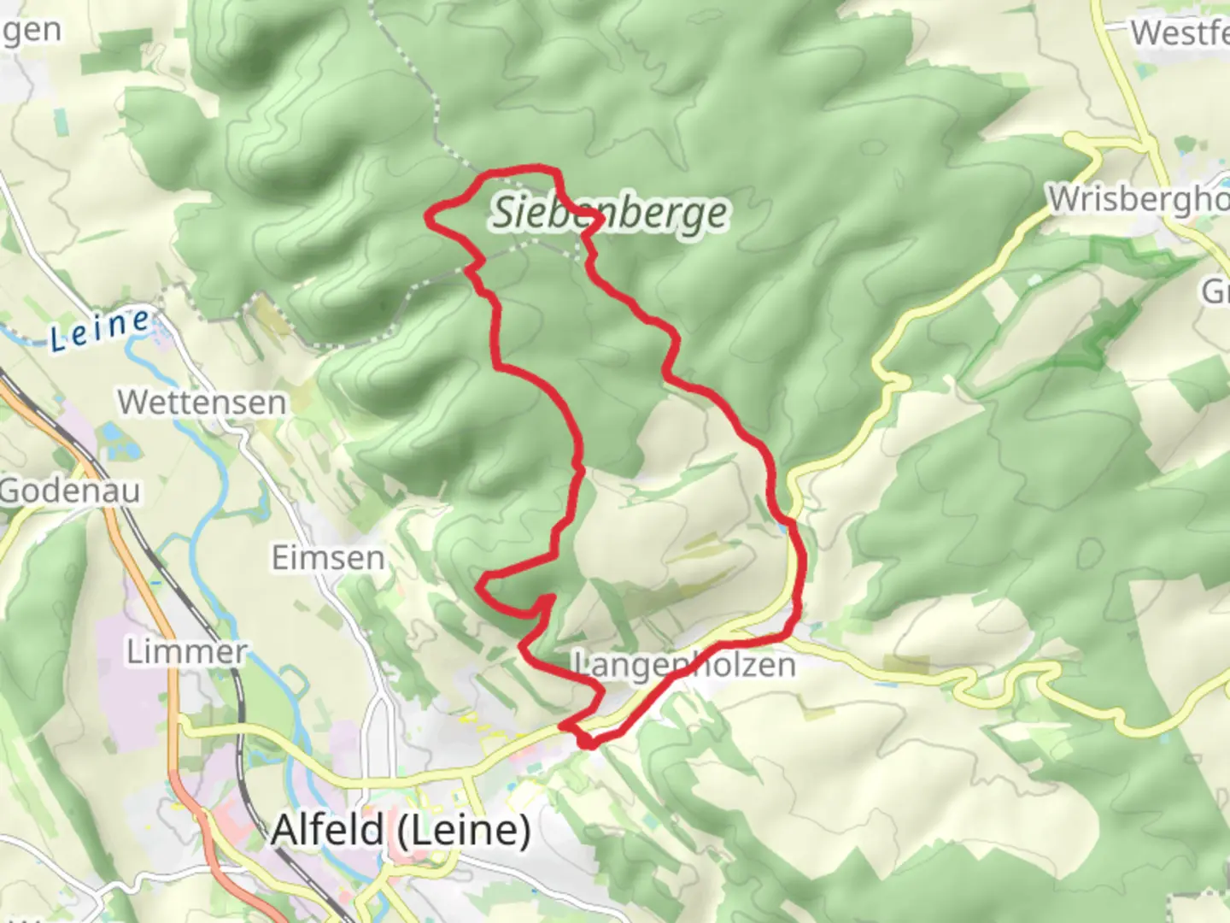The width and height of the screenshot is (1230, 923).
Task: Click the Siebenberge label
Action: click(610, 213)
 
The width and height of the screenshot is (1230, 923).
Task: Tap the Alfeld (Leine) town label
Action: click(401, 830)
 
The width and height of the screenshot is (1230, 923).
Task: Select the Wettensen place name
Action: click(202, 402)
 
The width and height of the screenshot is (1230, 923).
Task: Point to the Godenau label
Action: click(70, 491)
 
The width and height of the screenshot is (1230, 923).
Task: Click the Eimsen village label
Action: click(328, 558)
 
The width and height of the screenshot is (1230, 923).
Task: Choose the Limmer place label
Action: click(187, 652)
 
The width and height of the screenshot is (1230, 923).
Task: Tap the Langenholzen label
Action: click(683, 665)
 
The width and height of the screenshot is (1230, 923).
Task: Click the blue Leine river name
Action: click(100, 329)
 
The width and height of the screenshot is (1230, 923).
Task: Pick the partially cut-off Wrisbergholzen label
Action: click(1139, 199)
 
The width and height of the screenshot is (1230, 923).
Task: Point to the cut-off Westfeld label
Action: click(1180, 33)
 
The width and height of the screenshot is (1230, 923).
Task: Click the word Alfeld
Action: click(328, 830)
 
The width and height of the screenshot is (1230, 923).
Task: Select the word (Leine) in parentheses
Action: click(465, 830)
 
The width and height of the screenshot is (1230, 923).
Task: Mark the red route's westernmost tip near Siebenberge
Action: click(429, 217)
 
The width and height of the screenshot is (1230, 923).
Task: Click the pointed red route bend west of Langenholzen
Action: click(481, 585)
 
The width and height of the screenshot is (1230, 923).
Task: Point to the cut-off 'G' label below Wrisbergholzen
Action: click(1215, 292)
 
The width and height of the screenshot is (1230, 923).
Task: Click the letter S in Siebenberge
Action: click(503, 212)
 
